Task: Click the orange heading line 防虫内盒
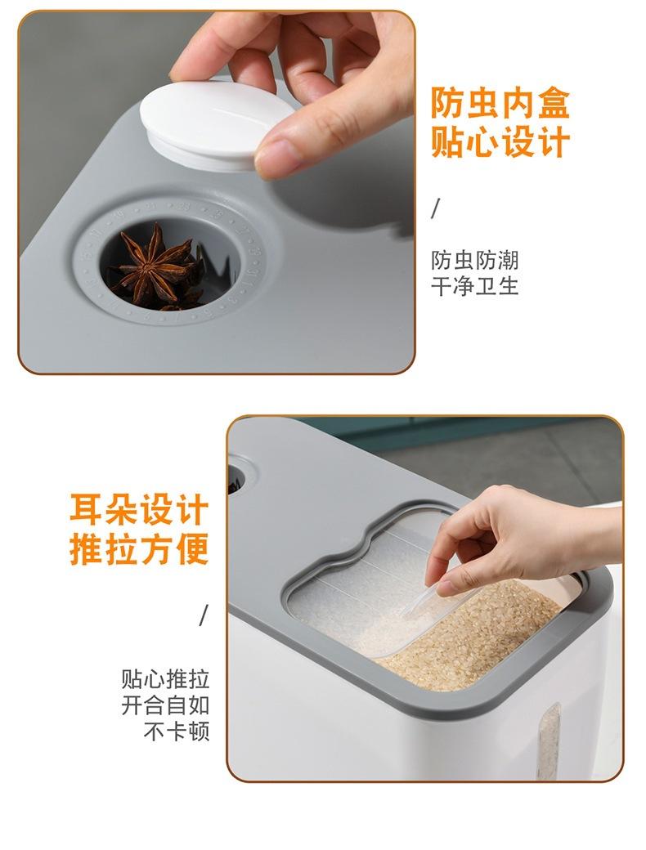(500, 103)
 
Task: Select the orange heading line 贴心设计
(500, 141)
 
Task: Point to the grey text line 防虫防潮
(475, 260)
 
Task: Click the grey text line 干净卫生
(475, 286)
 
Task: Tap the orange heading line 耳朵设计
(139, 509)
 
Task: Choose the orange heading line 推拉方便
(139, 549)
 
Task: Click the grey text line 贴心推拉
(165, 679)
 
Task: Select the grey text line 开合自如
(165, 705)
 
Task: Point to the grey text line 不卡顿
(177, 731)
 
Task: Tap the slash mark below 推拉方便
(204, 615)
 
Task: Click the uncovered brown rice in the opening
(478, 637)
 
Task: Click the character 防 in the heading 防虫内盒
(448, 103)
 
